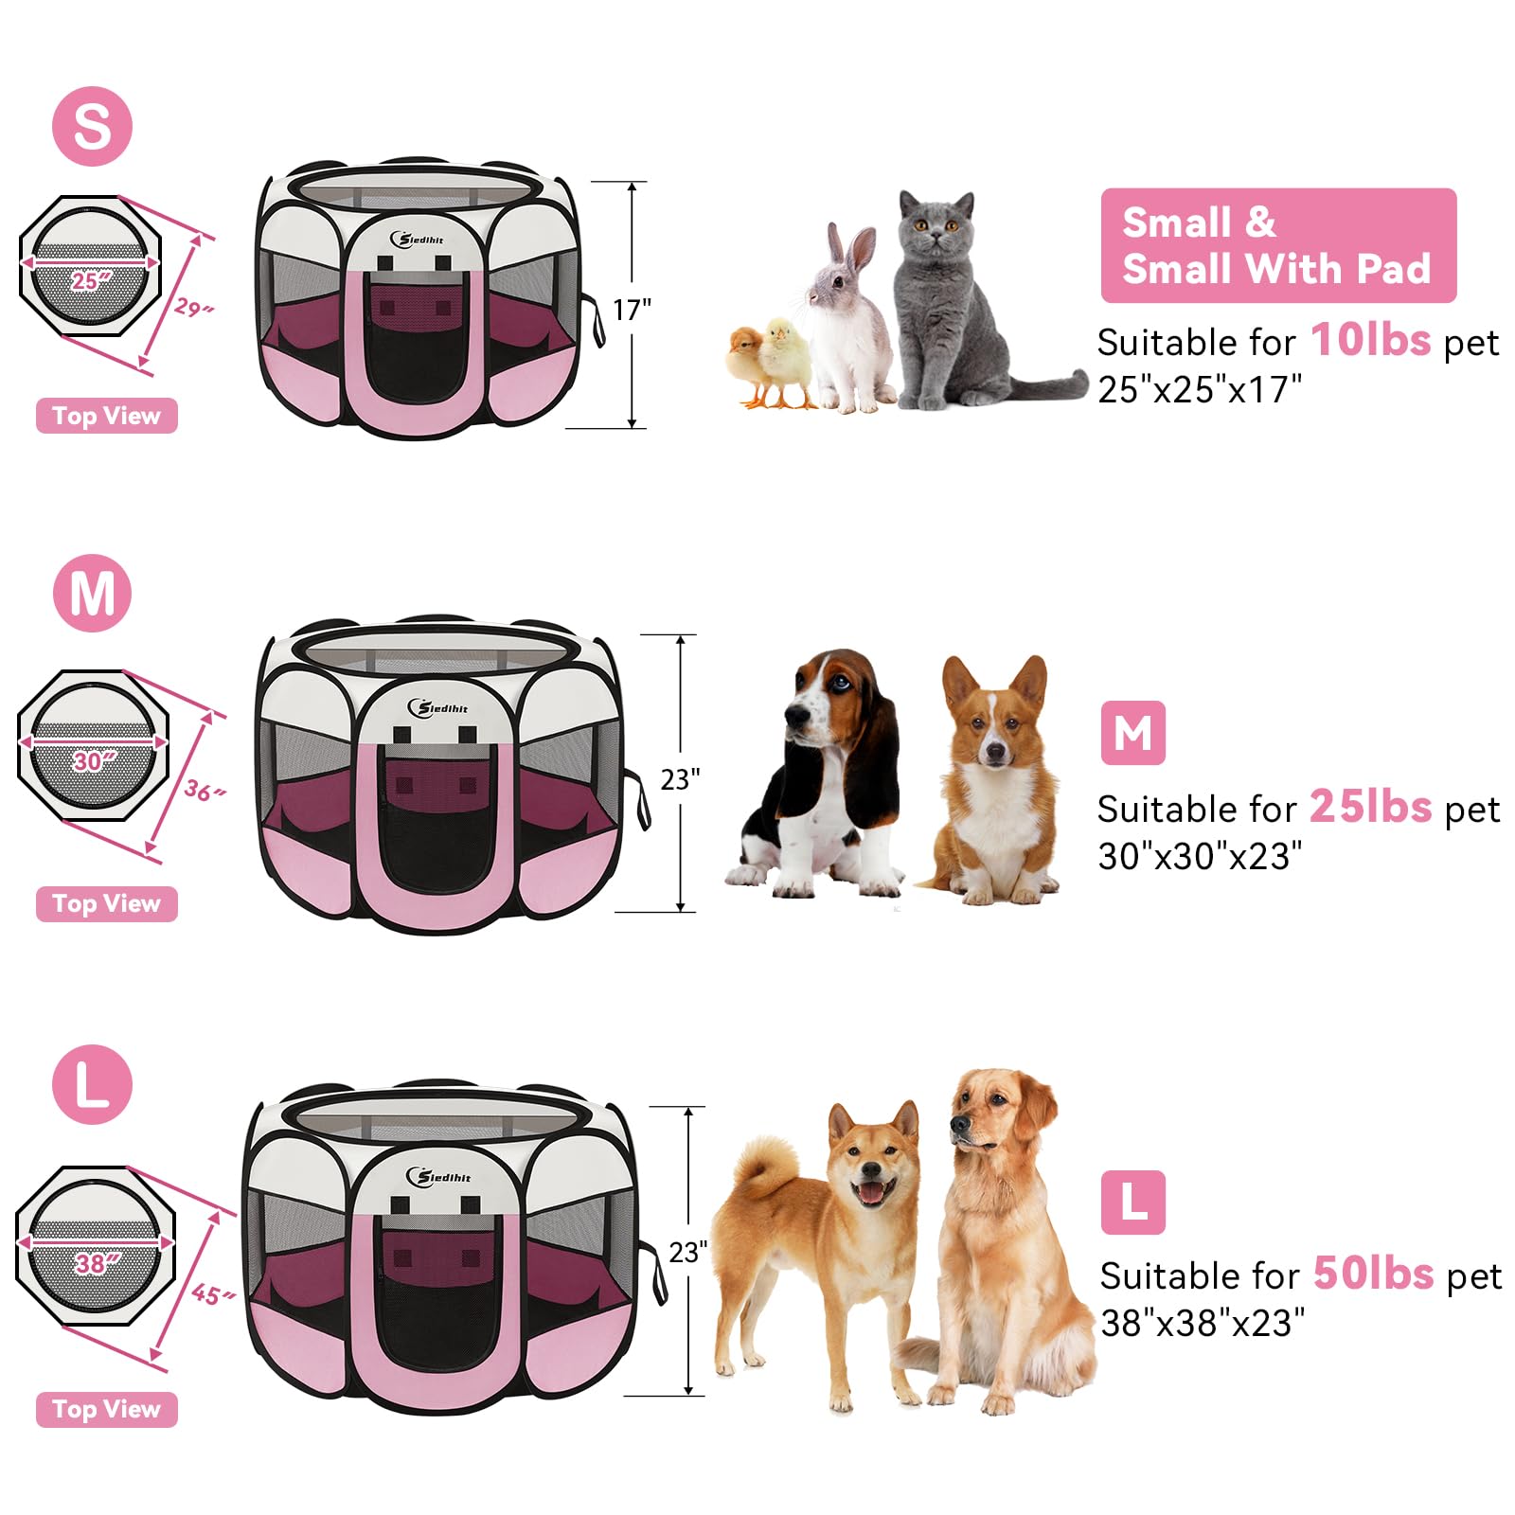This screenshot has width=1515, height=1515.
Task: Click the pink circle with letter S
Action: coord(92,126)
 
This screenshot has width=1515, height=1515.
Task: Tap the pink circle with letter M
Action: coord(92,593)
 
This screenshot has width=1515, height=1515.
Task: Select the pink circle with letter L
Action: coord(92,1084)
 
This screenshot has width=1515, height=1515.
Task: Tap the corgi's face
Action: coord(994,724)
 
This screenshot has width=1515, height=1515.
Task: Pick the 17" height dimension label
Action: coord(632,310)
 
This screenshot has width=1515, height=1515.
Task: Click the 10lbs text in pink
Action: coord(1370,339)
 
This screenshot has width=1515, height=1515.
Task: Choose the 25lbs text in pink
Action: coord(1370,807)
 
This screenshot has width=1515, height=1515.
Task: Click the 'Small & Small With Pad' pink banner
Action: coord(1278,245)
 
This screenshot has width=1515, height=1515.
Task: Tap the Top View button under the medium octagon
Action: coord(107,904)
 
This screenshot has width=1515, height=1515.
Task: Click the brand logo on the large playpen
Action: coord(438,1177)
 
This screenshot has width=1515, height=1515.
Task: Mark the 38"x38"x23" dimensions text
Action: coord(1203,1323)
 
